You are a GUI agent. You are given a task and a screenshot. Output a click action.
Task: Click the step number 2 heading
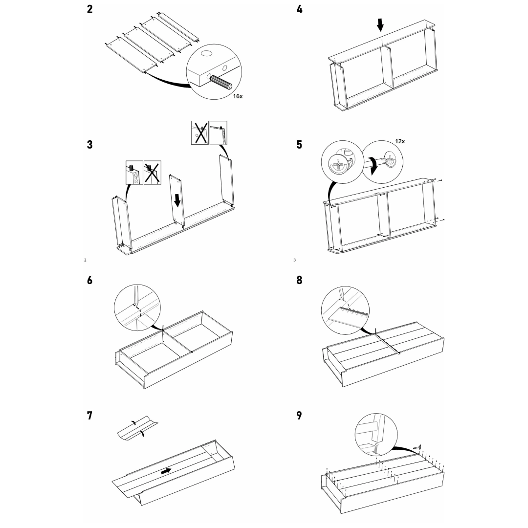[89, 9]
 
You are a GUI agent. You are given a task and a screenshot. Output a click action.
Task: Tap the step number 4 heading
[299, 9]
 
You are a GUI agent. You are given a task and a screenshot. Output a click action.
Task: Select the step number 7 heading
[89, 416]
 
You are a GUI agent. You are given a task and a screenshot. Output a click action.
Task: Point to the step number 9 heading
[299, 416]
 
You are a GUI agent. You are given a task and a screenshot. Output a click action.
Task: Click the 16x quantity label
[238, 96]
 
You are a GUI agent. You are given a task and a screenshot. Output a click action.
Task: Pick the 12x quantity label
[400, 141]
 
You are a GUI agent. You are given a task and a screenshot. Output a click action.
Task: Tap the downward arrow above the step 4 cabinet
[380, 24]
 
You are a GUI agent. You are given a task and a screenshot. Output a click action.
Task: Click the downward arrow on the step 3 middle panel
[177, 200]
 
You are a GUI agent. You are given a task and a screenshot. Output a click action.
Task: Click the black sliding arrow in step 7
[166, 471]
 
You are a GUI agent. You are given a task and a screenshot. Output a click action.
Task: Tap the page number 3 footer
[295, 260]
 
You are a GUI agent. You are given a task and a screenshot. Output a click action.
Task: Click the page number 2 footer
[85, 260]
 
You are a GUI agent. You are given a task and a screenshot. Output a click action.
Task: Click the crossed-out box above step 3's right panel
[200, 132]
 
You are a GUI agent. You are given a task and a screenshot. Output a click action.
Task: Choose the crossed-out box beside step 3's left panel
[153, 173]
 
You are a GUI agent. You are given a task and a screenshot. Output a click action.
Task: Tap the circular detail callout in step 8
[348, 308]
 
